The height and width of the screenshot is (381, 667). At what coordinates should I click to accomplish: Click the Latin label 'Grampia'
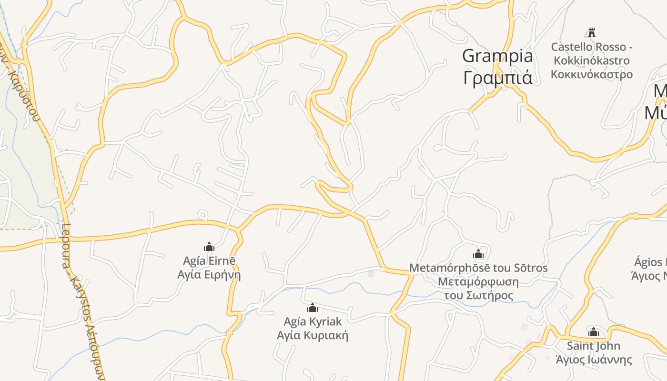[x=497, y=56]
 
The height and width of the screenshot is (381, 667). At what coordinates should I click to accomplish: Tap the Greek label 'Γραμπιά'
[x=497, y=77]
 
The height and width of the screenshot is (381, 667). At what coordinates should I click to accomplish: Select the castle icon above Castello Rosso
[x=592, y=33]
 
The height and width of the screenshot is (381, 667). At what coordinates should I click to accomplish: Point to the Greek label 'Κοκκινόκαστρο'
[x=592, y=74]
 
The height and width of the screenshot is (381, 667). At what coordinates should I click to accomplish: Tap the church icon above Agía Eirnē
[x=209, y=247]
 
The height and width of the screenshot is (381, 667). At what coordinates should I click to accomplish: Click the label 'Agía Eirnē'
[x=209, y=261]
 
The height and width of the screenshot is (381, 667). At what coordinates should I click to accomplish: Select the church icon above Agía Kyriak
[x=313, y=308]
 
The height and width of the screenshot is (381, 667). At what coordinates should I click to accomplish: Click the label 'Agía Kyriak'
[x=313, y=321]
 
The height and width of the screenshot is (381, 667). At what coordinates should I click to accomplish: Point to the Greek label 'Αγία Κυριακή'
[x=313, y=335]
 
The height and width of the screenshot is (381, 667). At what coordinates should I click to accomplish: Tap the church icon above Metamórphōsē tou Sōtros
[x=478, y=253]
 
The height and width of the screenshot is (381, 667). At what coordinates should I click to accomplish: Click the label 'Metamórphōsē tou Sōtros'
[x=478, y=268]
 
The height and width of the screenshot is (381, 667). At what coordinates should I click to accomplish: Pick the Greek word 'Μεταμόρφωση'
[x=478, y=281]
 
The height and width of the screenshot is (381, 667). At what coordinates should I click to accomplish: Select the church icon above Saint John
[x=594, y=332]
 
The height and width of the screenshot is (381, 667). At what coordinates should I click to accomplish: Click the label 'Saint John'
[x=594, y=346]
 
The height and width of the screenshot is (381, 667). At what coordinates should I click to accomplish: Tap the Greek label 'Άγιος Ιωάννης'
[x=594, y=360]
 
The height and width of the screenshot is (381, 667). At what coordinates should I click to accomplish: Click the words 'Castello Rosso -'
[x=592, y=47]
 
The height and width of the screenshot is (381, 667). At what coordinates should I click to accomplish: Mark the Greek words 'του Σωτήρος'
[x=478, y=295]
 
